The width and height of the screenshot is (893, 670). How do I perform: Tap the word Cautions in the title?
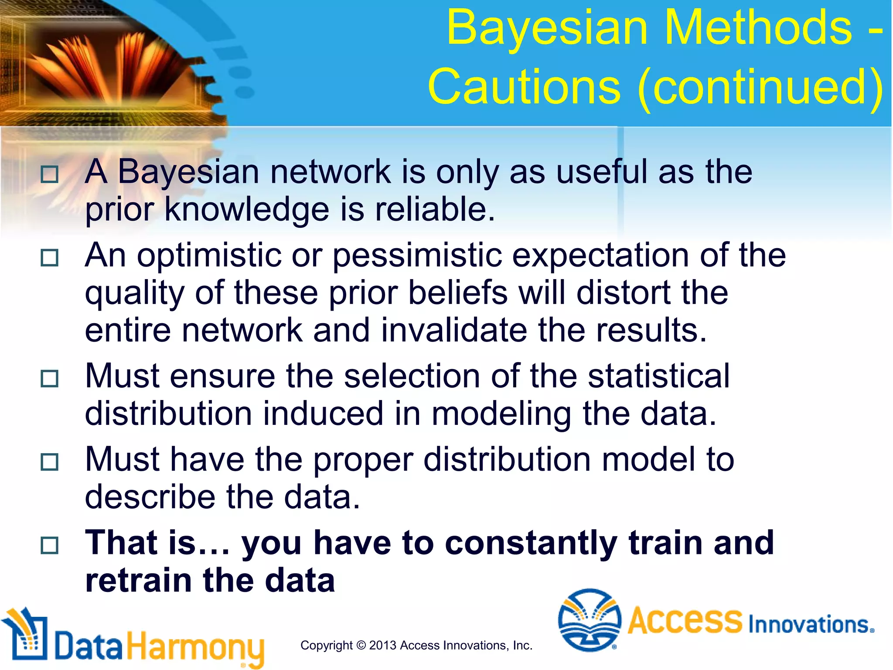coord(524,87)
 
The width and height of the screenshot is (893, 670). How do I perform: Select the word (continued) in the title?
coord(760,87)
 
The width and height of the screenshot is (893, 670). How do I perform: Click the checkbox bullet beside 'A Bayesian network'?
coord(49,174)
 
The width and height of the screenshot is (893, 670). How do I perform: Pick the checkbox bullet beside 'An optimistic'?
coord(49,258)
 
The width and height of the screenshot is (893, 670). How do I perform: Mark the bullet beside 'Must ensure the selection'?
coord(49,379)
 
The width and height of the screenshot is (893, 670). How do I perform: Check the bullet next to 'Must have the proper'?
coord(49,462)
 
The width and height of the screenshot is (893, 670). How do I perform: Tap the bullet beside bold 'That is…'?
coord(49,545)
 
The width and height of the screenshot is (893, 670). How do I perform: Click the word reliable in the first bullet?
coord(435,209)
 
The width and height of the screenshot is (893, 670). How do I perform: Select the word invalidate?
coord(454,330)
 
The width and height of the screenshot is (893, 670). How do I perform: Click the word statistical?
coord(658,376)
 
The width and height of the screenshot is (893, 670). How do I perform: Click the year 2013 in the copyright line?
coord(382,646)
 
